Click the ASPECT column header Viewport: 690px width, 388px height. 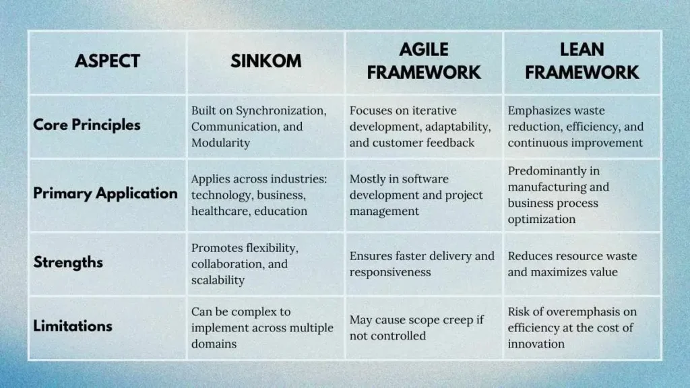pyautogui.click(x=107, y=61)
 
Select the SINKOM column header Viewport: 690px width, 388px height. pyautogui.click(x=265, y=61)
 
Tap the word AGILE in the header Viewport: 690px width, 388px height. pyautogui.click(x=424, y=50)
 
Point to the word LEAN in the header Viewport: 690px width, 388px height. pyautogui.click(x=582, y=50)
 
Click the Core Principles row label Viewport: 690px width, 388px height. pyautogui.click(x=87, y=125)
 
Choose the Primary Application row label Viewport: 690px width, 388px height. pyautogui.click(x=106, y=193)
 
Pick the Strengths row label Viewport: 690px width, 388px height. pyautogui.click(x=68, y=262)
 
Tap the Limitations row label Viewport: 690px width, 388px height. pyautogui.click(x=73, y=326)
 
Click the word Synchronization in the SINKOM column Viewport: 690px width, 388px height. pyautogui.click(x=281, y=111)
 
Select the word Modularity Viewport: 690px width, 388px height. pyautogui.click(x=220, y=143)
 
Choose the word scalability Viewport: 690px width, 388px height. pyautogui.click(x=218, y=280)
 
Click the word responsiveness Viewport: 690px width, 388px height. pyautogui.click(x=390, y=272)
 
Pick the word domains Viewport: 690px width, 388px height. pyautogui.click(x=214, y=344)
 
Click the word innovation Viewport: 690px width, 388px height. pyautogui.click(x=536, y=344)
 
